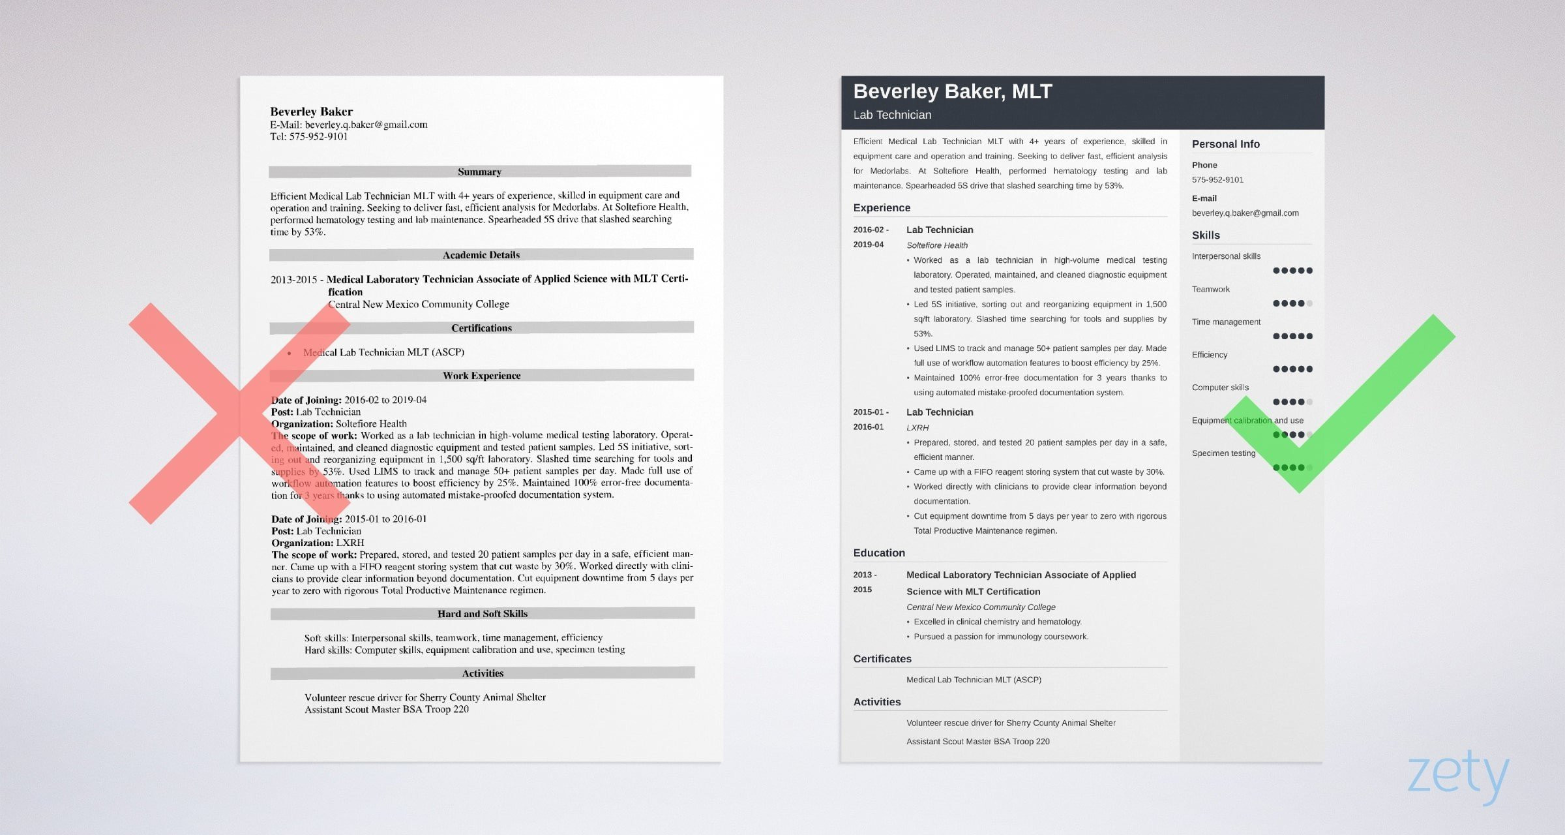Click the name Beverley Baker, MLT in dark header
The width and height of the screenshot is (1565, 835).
pos(952,91)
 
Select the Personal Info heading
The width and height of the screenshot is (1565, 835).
pos(1225,144)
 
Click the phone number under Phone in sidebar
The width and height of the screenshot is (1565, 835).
pos(1217,179)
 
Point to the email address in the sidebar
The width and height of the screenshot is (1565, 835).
pos(1245,213)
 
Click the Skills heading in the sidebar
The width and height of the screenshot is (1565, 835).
pos(1205,235)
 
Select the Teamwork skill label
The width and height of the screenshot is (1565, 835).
pos(1210,289)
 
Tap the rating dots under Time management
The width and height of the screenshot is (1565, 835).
pos(1292,336)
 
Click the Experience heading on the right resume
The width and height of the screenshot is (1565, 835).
pos(881,207)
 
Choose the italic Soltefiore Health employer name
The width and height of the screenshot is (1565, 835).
pos(936,245)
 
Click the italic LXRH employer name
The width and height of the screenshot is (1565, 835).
pos(917,427)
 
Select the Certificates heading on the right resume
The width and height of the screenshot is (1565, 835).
pos(882,659)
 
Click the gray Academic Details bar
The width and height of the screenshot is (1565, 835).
pos(481,254)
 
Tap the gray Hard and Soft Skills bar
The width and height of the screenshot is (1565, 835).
pos(482,613)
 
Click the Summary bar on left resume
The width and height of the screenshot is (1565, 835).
pos(479,172)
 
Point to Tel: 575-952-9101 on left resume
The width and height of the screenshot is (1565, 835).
pos(308,136)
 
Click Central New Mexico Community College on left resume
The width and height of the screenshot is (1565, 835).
pos(418,304)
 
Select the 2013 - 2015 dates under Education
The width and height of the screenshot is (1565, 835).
pos(864,581)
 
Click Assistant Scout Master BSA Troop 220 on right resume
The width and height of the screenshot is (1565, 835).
pos(977,741)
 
